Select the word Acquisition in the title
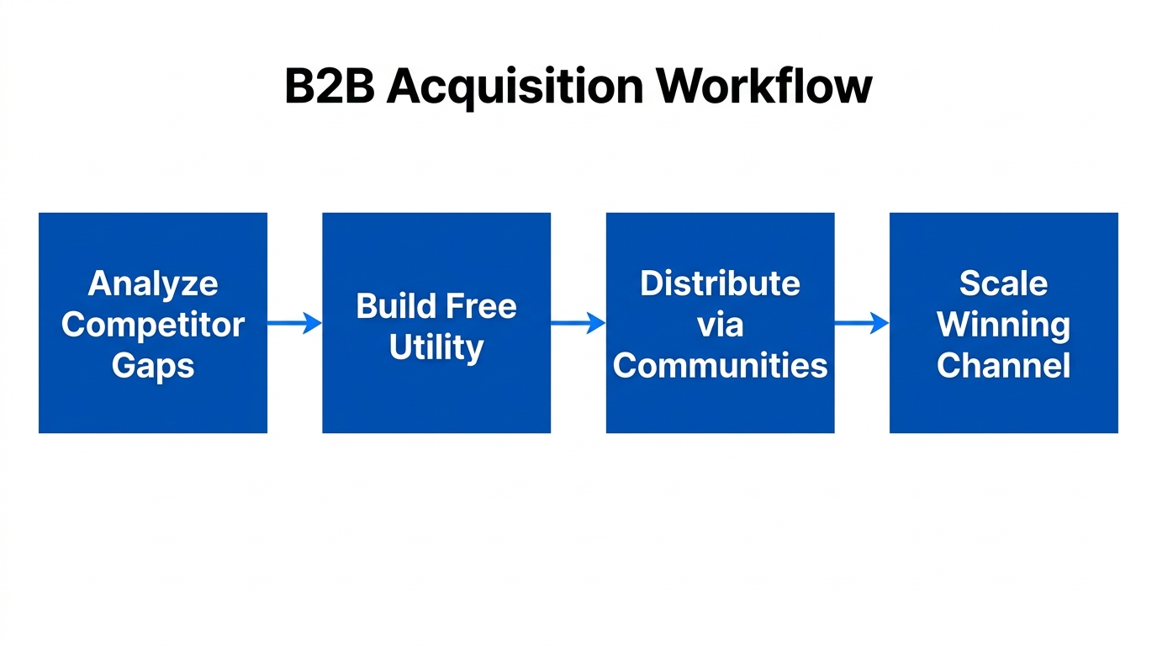(515, 86)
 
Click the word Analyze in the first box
(153, 284)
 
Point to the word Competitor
(153, 325)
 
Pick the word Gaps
(153, 366)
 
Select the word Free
(482, 305)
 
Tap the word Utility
(436, 347)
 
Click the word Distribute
(720, 283)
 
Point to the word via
(720, 325)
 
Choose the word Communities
(720, 366)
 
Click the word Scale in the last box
(1003, 283)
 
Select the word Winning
(1003, 325)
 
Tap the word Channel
(1003, 366)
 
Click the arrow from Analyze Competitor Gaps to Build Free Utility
(294, 323)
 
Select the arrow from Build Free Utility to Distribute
(578, 323)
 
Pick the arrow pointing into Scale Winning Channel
(862, 323)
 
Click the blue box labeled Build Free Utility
(436, 395)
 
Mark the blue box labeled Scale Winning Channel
(1003, 404)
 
